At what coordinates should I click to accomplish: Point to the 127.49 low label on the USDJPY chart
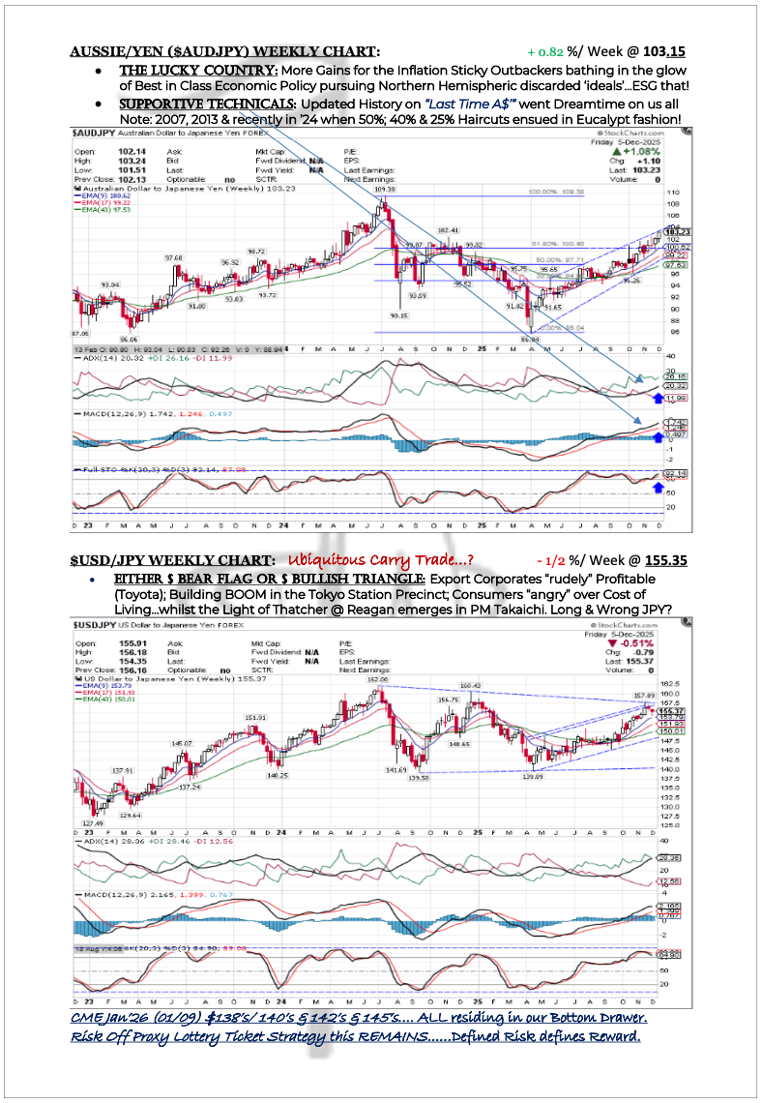(x=92, y=824)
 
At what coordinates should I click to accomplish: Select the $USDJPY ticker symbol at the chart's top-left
(x=97, y=626)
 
